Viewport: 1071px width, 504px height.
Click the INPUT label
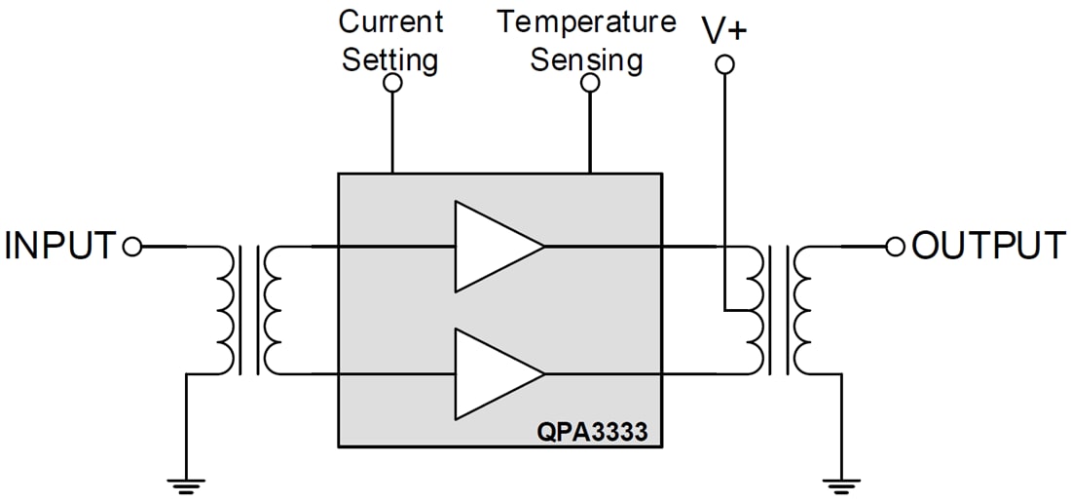(x=60, y=247)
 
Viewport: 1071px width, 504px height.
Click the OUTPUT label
(x=988, y=247)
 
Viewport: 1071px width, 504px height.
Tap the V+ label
(x=724, y=30)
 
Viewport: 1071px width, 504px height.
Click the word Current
(x=390, y=21)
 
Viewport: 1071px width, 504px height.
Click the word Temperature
(x=587, y=21)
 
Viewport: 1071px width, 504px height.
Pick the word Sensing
(x=586, y=59)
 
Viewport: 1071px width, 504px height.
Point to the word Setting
(x=389, y=59)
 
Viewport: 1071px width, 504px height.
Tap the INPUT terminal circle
(x=133, y=247)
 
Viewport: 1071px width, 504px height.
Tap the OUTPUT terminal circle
(x=896, y=247)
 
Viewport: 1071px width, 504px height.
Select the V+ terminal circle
(x=723, y=65)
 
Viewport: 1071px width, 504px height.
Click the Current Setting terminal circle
(x=392, y=84)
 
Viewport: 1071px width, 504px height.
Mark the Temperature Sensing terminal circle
(x=589, y=84)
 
